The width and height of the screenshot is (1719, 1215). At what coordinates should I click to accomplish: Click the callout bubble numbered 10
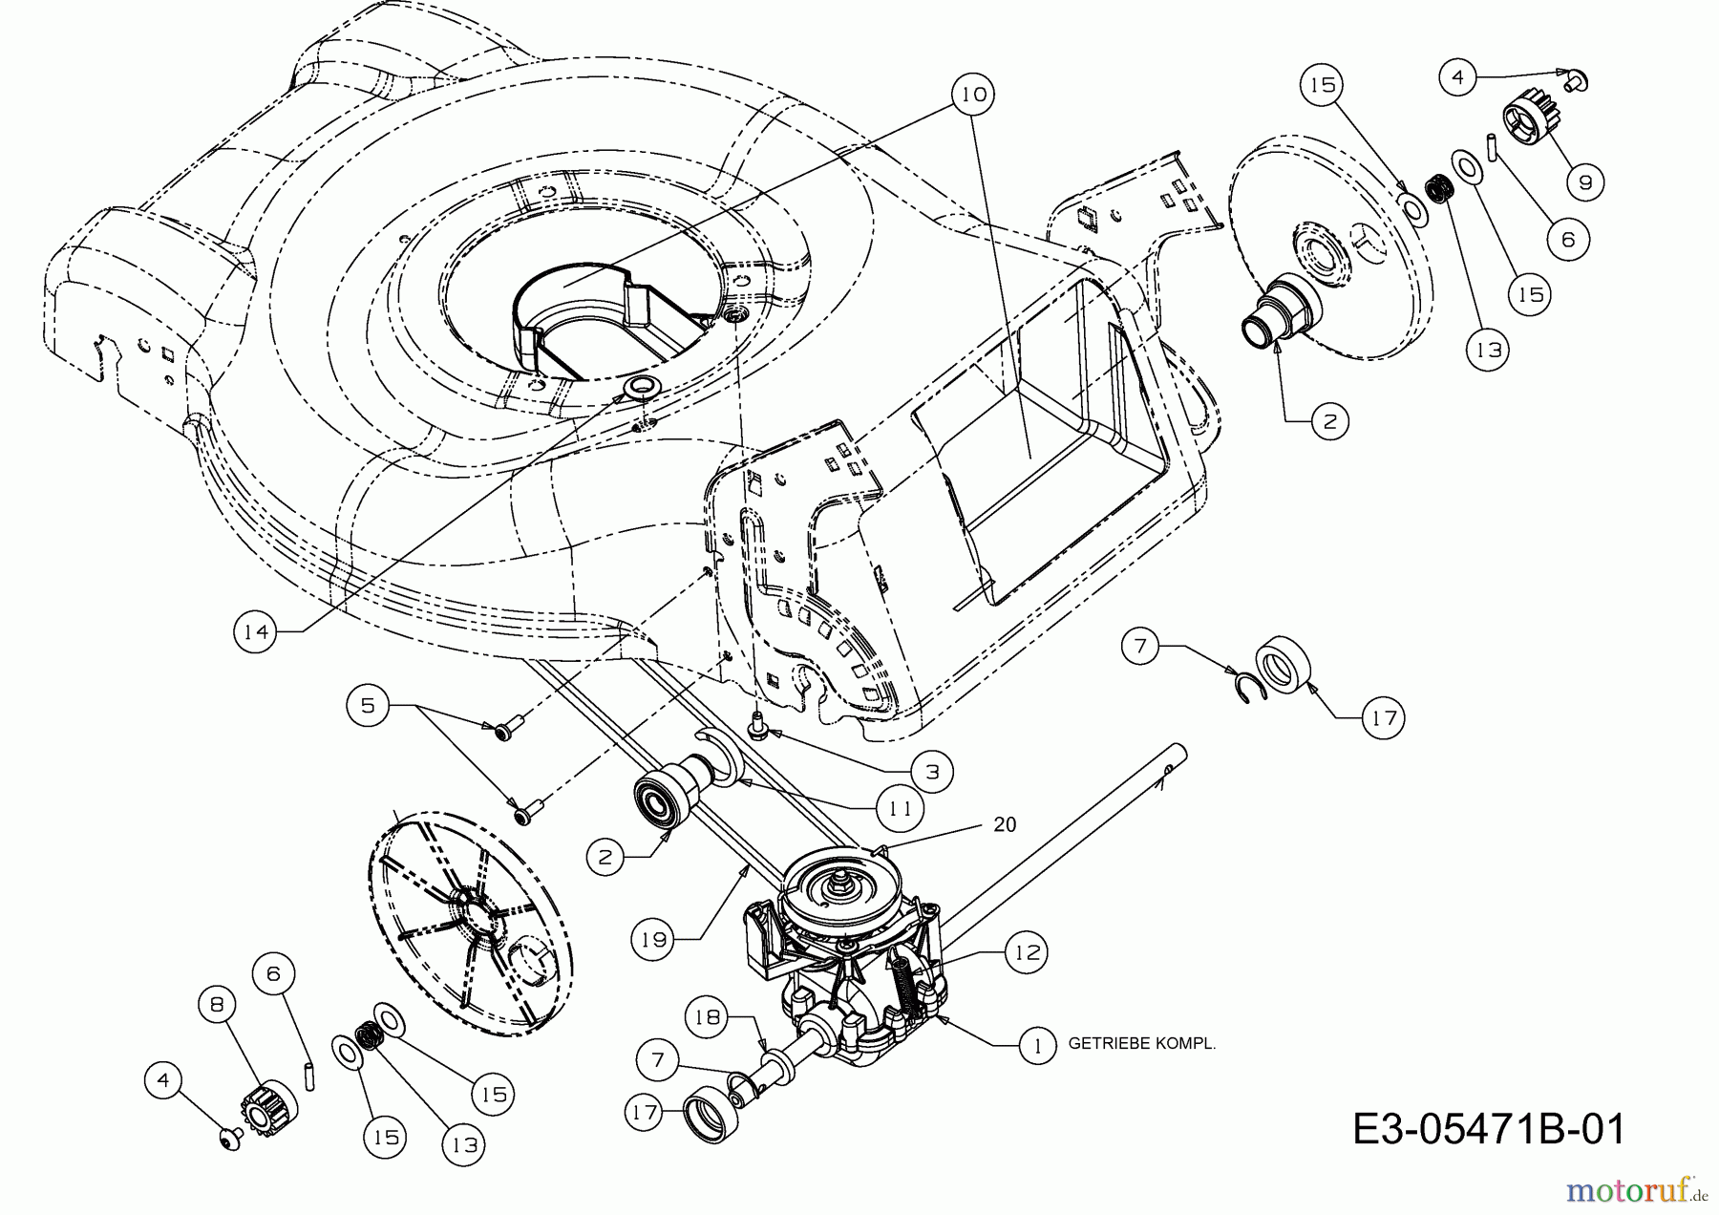(x=974, y=95)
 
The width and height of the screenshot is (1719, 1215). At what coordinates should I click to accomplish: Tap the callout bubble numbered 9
(x=1585, y=181)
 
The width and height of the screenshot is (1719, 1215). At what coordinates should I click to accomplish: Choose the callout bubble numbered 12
(x=1026, y=952)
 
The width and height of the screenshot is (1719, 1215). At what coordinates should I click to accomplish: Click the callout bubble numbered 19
(x=653, y=940)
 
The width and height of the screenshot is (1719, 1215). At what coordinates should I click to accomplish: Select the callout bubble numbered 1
(x=1037, y=1044)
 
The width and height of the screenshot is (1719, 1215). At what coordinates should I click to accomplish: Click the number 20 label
(x=1005, y=824)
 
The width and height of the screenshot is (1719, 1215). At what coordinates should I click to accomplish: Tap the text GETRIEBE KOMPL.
(x=1141, y=1044)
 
